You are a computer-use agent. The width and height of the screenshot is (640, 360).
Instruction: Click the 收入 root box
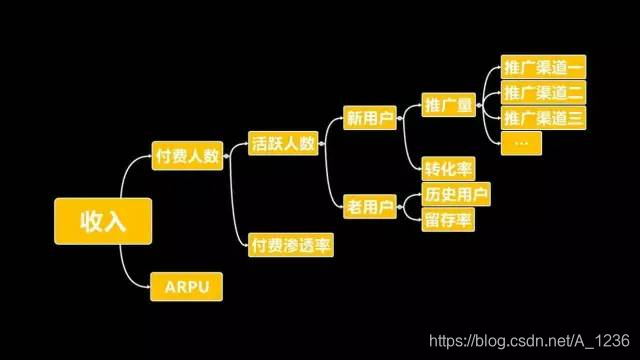[x=104, y=220]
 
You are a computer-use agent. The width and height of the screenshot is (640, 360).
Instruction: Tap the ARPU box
[x=186, y=288]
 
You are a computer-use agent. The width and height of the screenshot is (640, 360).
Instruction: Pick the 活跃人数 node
[x=283, y=143]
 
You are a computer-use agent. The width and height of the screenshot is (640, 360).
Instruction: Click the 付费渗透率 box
[x=291, y=243]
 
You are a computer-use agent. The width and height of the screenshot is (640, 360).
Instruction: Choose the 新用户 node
[x=369, y=118]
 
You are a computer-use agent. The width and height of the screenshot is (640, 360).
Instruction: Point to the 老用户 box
[x=369, y=207]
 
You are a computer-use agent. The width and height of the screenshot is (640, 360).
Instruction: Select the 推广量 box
[x=448, y=105]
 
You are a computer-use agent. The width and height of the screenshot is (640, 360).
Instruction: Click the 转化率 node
[x=447, y=168]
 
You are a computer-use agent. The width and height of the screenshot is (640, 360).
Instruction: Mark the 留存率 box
[x=447, y=218]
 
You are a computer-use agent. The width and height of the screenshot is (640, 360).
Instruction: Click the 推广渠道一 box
[x=541, y=69]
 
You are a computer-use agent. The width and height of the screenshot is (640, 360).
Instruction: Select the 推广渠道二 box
[x=541, y=94]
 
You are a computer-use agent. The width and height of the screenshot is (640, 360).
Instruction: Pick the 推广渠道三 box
[x=541, y=118]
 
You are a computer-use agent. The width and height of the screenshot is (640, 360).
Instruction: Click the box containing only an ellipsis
[x=520, y=143]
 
